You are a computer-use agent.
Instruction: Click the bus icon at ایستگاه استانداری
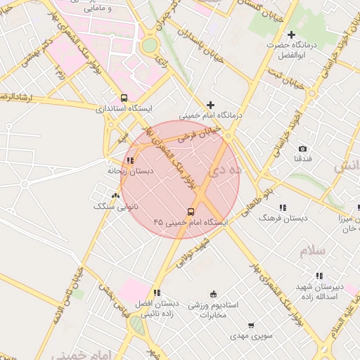tap(124, 98)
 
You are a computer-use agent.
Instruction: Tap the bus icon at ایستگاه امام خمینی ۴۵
tap(191, 211)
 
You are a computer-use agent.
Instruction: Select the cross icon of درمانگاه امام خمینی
tap(210, 105)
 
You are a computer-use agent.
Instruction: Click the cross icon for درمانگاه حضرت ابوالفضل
tap(291, 34)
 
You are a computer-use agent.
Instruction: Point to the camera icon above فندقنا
tap(302, 148)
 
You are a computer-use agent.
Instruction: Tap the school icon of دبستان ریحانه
tap(129, 161)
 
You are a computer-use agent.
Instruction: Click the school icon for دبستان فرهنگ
tap(283, 207)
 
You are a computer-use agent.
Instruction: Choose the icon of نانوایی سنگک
tap(115, 196)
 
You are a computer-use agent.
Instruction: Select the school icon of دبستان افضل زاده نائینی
tap(157, 292)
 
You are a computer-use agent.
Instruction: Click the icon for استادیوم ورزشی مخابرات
tap(214, 294)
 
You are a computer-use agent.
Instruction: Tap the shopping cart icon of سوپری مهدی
tap(251, 326)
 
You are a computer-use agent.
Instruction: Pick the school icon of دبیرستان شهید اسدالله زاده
tap(319, 276)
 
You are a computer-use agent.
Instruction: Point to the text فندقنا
tap(302, 159)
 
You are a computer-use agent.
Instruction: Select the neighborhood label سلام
tap(313, 250)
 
